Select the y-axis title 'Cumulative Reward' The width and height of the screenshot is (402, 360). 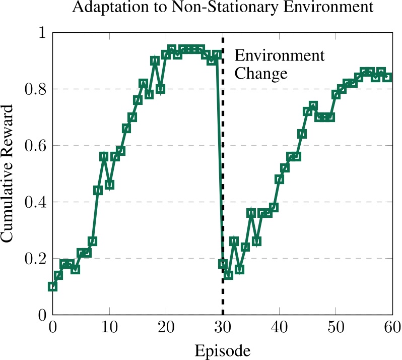(11, 173)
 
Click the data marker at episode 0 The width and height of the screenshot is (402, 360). (52, 286)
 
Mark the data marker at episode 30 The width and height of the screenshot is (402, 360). (223, 264)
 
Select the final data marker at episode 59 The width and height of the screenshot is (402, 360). (387, 77)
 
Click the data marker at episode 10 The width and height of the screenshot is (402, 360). (109, 185)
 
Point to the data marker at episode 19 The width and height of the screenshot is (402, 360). (160, 89)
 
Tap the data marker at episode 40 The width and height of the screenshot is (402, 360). (279, 179)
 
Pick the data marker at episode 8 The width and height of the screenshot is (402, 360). (98, 190)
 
